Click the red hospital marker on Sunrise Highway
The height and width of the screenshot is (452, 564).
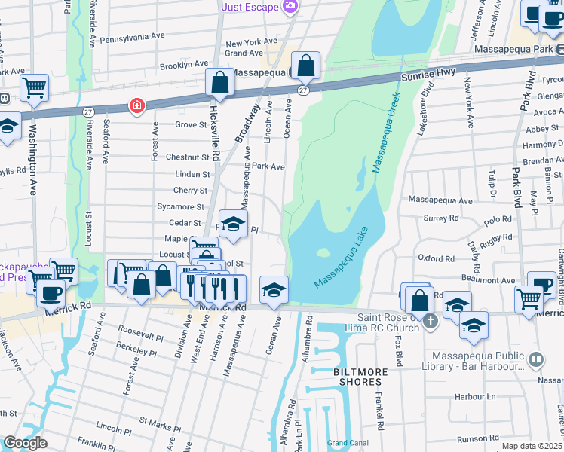coord(136,105)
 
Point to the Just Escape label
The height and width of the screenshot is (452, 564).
coord(251,7)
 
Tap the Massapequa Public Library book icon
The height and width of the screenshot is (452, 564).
coord(535,359)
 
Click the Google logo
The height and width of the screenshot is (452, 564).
coord(25,443)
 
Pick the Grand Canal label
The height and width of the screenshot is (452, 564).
coord(347,443)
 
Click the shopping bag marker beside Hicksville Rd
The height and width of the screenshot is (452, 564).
coord(219,85)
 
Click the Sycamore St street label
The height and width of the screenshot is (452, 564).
coord(180,206)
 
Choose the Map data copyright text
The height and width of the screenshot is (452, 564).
coord(532,446)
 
